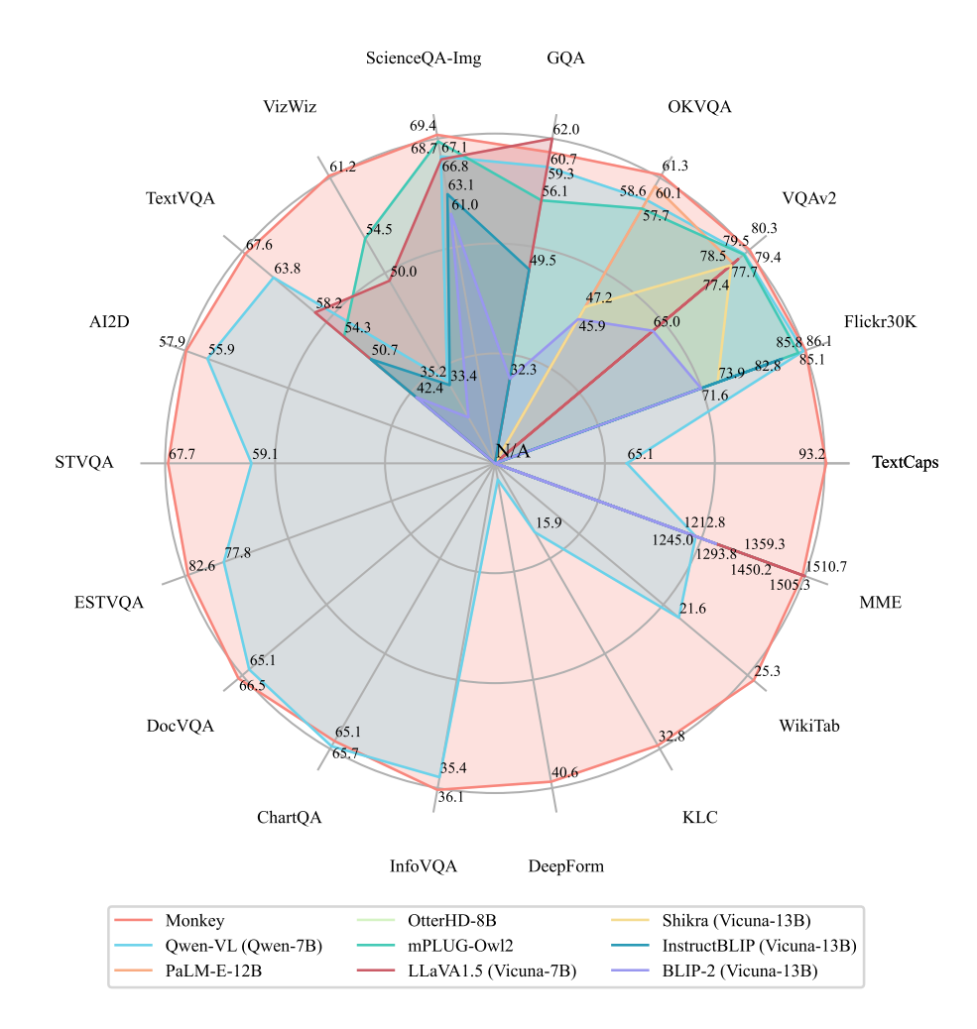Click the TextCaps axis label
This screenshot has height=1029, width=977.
[x=905, y=463]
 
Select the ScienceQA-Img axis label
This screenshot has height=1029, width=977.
[x=424, y=58]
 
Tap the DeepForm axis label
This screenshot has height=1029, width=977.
[x=565, y=866]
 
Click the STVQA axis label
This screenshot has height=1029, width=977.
[x=84, y=463]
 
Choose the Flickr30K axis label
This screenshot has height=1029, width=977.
[x=881, y=322]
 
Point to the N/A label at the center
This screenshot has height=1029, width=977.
[x=513, y=452]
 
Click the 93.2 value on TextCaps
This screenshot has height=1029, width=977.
[x=811, y=454]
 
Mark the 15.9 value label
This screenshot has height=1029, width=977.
[x=549, y=522]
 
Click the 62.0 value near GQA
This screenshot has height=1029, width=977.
[x=566, y=129]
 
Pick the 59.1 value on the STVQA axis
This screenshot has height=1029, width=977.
[x=265, y=454]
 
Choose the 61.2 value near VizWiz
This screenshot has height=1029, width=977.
[x=342, y=167]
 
